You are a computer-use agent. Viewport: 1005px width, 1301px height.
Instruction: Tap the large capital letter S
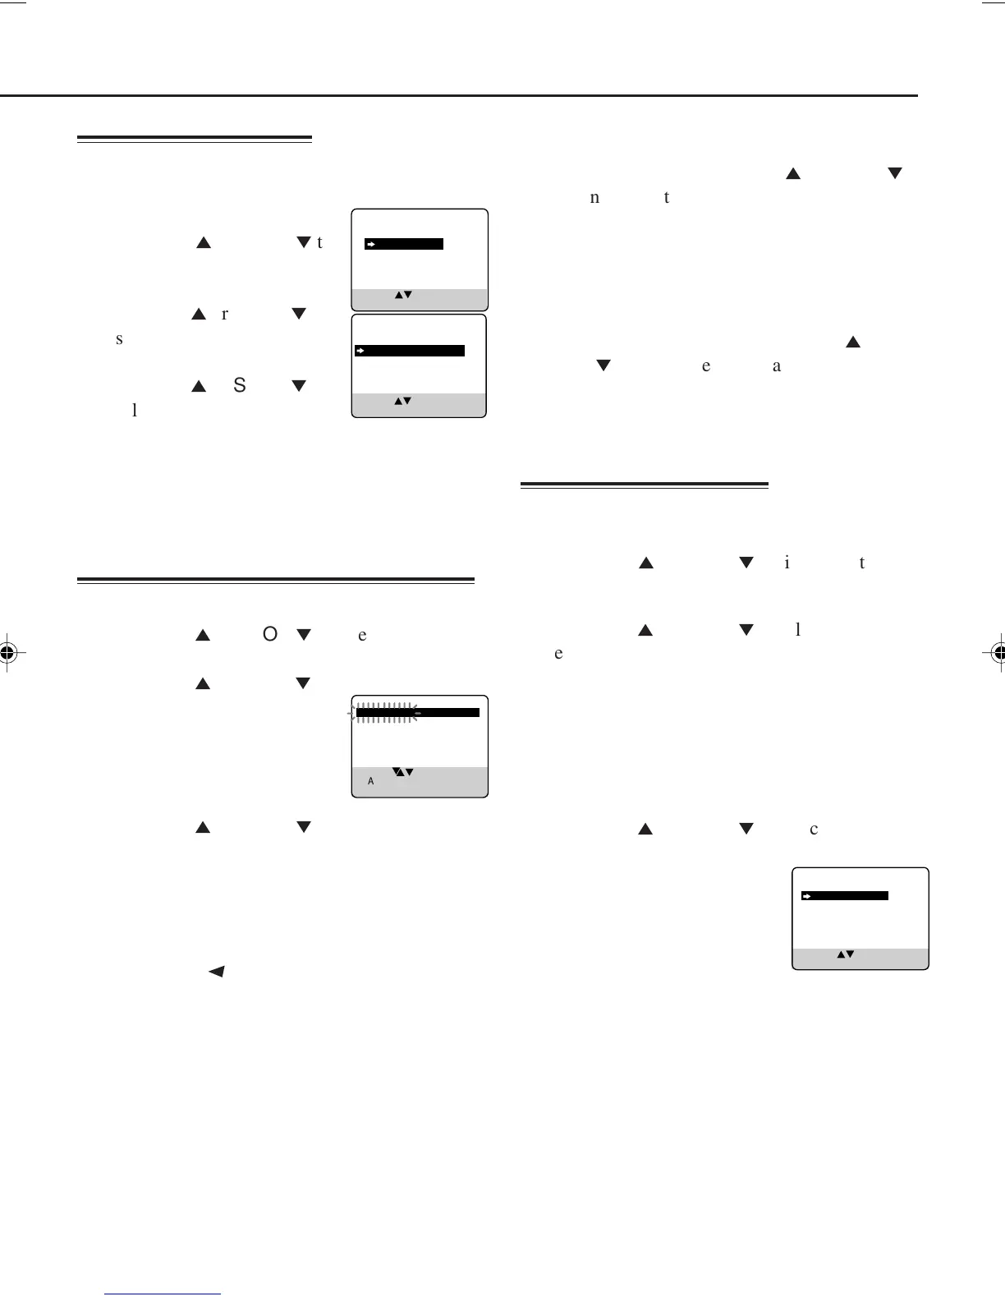point(240,385)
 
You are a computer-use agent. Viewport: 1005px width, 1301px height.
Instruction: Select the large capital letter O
point(270,635)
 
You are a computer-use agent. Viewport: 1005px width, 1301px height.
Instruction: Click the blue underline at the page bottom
point(163,1294)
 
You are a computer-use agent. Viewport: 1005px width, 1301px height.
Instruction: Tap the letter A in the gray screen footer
point(371,782)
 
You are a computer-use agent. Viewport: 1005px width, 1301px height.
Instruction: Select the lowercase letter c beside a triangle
point(814,830)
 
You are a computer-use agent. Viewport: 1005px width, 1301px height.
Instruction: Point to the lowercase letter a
point(777,366)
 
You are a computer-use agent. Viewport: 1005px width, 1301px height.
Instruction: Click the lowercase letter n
point(594,198)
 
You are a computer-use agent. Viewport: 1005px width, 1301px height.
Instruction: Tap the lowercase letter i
point(787,563)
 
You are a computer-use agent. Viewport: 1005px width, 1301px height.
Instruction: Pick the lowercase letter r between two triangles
point(225,315)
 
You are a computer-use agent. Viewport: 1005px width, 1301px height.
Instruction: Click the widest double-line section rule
point(276,581)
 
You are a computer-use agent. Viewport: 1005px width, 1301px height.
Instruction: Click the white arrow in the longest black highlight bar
point(360,351)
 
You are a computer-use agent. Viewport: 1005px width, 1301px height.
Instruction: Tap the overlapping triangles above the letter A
point(402,771)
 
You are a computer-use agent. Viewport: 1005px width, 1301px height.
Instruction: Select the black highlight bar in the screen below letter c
point(846,895)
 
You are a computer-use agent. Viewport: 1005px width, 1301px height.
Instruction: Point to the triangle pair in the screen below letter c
point(846,954)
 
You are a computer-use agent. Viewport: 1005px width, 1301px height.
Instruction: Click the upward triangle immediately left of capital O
point(204,636)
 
